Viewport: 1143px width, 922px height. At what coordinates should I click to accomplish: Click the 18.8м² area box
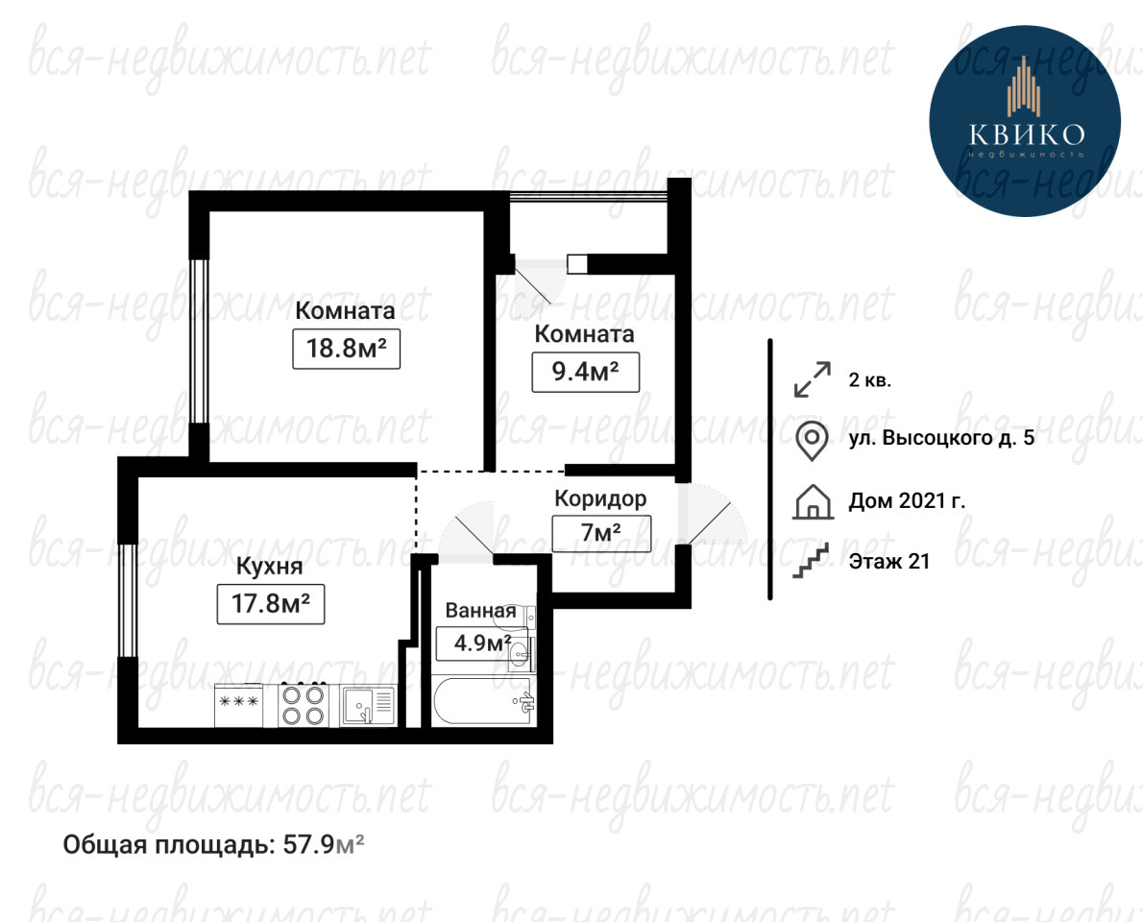[x=346, y=349]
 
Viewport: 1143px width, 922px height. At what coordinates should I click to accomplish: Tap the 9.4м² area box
[x=585, y=372]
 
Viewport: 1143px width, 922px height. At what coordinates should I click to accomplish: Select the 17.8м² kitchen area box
[x=271, y=603]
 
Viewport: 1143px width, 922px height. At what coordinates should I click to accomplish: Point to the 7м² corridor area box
[x=600, y=533]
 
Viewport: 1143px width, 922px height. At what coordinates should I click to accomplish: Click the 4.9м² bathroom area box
[x=481, y=643]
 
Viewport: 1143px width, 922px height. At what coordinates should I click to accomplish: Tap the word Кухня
[x=269, y=567]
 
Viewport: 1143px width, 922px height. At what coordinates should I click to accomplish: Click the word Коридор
[x=600, y=498]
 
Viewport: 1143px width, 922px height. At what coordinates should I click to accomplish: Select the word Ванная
[x=480, y=610]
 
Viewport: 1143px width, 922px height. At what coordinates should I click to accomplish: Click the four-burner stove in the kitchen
[x=304, y=705]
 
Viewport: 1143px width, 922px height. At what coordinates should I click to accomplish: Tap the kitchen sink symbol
[x=367, y=706]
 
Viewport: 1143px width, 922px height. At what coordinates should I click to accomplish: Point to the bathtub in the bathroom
[x=483, y=702]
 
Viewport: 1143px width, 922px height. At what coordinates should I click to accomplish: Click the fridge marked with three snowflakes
[x=239, y=705]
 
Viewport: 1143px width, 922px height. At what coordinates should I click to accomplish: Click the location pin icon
[x=812, y=441]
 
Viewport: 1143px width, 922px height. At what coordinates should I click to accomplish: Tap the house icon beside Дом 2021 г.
[x=813, y=501]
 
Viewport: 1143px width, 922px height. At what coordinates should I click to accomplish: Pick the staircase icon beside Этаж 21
[x=812, y=561]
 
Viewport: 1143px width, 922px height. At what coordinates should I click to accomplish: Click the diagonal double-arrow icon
[x=812, y=379]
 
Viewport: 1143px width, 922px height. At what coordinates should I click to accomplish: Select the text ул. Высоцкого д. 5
[x=941, y=437]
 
